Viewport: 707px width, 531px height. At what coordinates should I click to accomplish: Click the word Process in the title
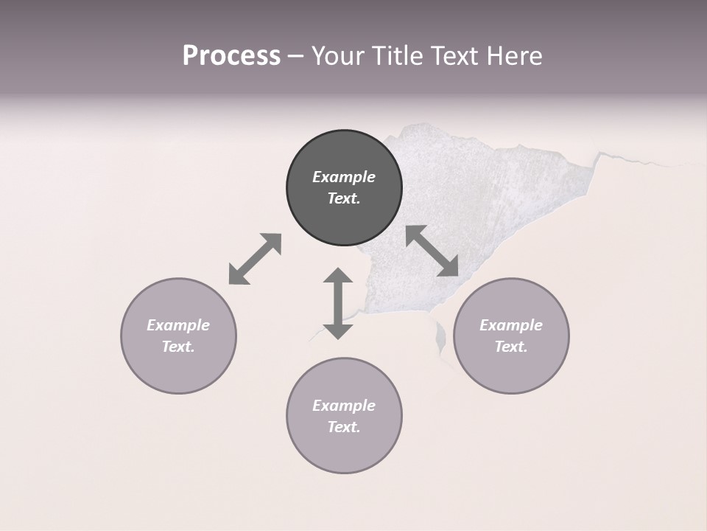coord(231,56)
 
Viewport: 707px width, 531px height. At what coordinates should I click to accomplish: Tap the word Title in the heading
coord(398,56)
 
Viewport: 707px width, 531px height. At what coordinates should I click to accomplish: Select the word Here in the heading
coord(514,56)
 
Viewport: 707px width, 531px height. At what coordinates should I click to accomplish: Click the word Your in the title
coord(340,56)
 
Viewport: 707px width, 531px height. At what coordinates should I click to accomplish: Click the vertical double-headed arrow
coord(338,303)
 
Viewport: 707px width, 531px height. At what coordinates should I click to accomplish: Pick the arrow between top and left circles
coord(255,259)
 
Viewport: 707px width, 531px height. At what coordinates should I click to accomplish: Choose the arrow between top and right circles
coord(432,251)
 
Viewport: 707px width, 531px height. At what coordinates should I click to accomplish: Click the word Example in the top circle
coord(344,177)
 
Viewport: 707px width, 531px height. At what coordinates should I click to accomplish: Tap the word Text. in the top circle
coord(344,198)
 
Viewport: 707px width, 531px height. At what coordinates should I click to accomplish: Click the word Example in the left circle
coord(178,325)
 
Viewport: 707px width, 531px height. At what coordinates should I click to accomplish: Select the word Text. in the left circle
coord(178,347)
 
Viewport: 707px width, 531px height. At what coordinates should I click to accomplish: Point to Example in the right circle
coord(511,325)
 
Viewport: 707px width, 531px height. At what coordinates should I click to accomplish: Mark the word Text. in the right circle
coord(511,347)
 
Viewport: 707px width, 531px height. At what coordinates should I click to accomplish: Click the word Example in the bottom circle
coord(344,406)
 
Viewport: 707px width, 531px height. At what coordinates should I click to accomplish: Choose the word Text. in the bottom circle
coord(344,427)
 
